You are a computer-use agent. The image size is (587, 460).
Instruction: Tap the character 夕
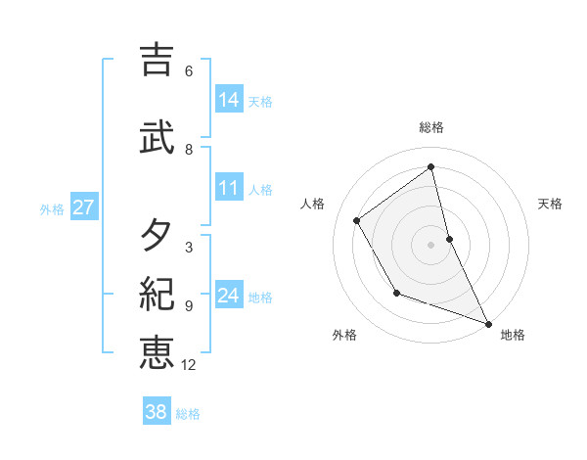point(157,235)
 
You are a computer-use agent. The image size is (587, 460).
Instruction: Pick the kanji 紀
point(157,293)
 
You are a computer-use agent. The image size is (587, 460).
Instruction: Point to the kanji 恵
point(157,351)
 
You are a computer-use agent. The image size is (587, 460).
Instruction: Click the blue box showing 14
point(229,100)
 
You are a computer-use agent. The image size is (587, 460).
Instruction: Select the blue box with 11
point(229,188)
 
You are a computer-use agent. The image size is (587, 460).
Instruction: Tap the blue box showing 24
point(229,296)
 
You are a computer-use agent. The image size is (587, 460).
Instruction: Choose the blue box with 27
point(83,207)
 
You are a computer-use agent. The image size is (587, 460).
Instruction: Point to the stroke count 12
point(189,366)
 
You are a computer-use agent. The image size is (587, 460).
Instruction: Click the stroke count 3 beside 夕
point(188,248)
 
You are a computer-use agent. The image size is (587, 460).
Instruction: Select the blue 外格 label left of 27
point(52,208)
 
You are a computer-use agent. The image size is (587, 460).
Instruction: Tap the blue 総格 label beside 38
point(188,414)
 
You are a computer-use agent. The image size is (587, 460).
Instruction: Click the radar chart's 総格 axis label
point(431,128)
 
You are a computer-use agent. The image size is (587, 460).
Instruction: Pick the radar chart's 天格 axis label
point(551,204)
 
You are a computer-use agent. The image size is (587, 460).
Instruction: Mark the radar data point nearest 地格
point(488,323)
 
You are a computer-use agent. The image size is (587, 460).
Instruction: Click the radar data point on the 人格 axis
point(357,220)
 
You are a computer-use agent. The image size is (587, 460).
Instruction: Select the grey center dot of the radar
point(430,245)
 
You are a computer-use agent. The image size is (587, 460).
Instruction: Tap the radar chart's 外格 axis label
point(344,336)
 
